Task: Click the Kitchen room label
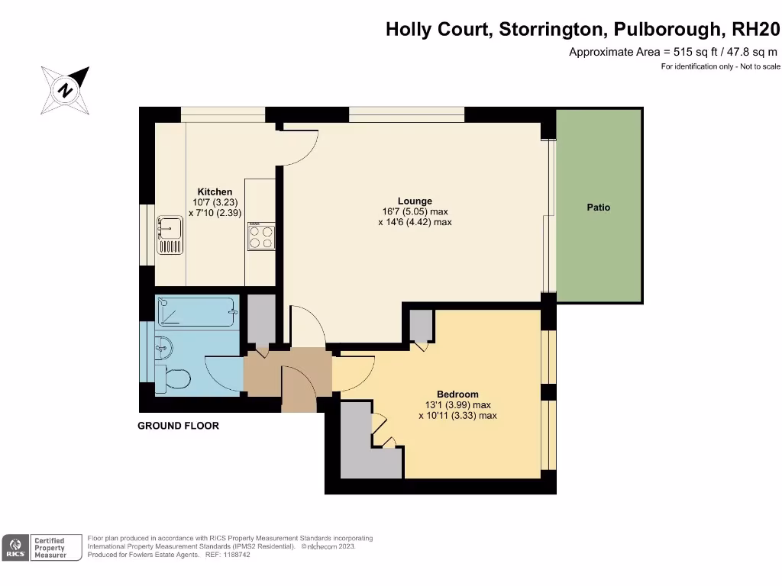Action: click(x=215, y=192)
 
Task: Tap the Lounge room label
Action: click(x=415, y=201)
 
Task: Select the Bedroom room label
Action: click(x=457, y=394)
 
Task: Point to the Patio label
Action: click(x=599, y=208)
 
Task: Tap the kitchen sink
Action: click(x=169, y=235)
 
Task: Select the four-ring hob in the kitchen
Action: click(x=261, y=236)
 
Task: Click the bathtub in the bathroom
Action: click(x=197, y=313)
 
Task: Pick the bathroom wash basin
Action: click(x=163, y=347)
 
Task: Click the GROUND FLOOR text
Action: click(x=178, y=426)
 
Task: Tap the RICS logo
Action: click(x=14, y=547)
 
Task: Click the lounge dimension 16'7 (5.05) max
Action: click(x=415, y=212)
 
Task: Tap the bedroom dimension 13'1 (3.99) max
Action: click(x=457, y=405)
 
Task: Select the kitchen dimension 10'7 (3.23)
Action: click(x=215, y=202)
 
